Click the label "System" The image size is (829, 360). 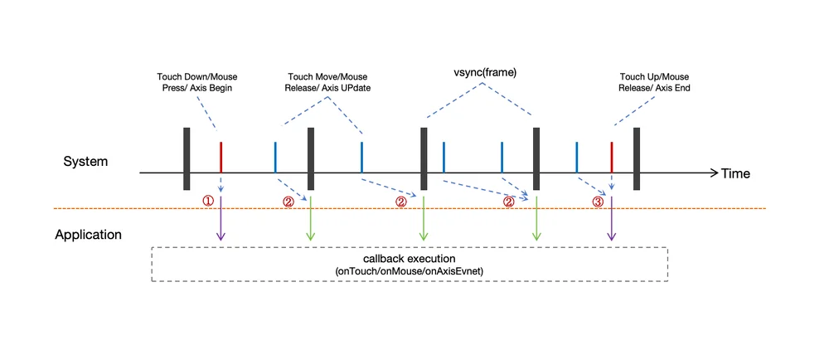coord(85,162)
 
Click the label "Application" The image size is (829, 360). coord(89,234)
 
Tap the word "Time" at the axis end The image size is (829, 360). coord(735,173)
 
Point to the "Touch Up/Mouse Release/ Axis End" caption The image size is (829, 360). coord(654,82)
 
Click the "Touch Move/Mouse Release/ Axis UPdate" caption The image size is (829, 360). coord(327,82)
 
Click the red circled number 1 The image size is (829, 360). coord(208,202)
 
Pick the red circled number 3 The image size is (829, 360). coord(598,202)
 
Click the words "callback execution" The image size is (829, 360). coord(409,260)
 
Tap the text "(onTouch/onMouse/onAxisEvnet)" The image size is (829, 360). coord(409,270)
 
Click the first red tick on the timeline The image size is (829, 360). coord(221,157)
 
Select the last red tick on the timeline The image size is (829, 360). coord(611,157)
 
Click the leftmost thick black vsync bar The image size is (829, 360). coord(186,158)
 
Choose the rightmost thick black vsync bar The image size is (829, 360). coord(637,158)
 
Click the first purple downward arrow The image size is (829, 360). coord(221,219)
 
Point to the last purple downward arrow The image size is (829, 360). coord(611,219)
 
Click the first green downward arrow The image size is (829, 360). coord(311,219)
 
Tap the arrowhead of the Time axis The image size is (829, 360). coord(715,173)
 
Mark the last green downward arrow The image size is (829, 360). coord(536,219)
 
